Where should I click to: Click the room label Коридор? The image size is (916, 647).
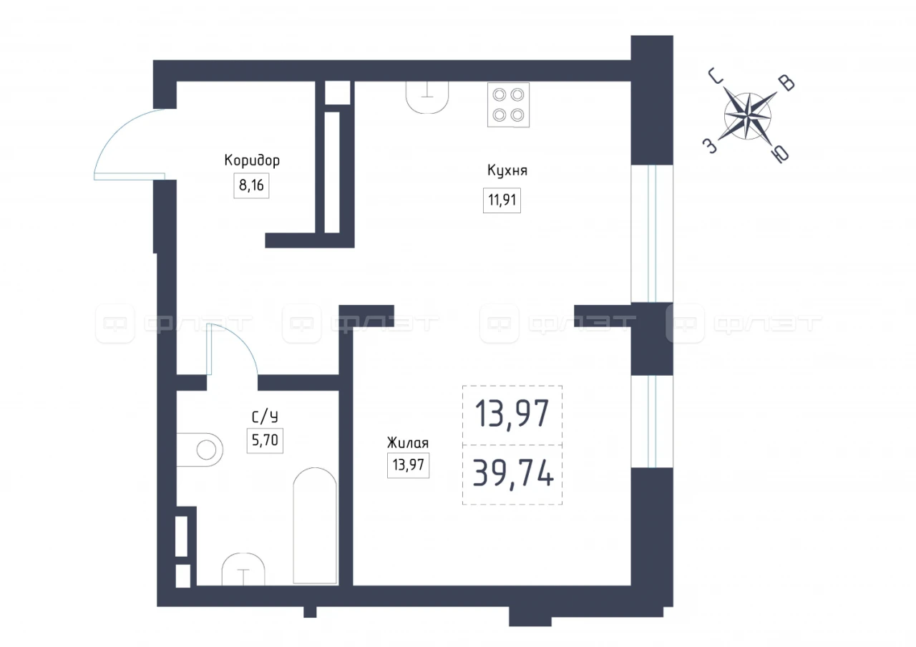252,160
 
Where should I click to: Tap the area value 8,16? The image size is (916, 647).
251,185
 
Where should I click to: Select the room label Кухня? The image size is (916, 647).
507,170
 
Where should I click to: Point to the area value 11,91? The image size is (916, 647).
502,200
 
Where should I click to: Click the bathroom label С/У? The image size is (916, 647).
265,417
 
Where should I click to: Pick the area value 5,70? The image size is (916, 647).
265,440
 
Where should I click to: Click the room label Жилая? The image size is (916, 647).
408,443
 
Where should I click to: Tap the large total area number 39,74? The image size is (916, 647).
513,473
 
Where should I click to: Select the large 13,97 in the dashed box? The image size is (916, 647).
512,414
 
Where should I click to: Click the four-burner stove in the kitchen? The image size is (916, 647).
508,105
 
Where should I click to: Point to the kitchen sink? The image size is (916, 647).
427,97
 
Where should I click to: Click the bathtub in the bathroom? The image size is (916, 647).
315,525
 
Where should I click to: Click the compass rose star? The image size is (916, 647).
748,116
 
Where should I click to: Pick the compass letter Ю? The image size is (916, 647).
779,154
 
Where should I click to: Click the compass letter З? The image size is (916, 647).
710,145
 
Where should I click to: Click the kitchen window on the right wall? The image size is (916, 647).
652,233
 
